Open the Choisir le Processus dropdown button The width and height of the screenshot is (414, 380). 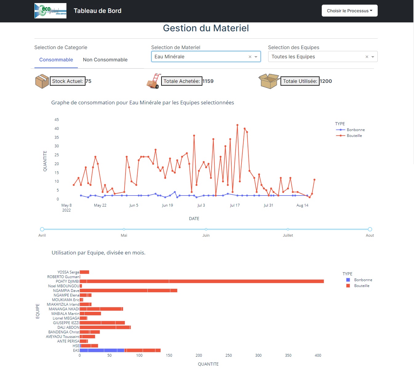coord(349,11)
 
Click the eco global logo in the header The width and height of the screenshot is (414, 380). coord(50,11)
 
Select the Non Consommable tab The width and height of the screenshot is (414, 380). coord(105,60)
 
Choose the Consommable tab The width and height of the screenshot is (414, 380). coord(56,60)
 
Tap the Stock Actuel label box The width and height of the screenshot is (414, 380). coord(67,81)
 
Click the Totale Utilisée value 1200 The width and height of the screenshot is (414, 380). coord(326,81)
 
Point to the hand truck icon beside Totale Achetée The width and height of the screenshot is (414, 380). coord(153,81)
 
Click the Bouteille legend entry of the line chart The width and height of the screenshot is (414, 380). coord(354,136)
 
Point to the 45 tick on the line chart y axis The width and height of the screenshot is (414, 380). coord(57,120)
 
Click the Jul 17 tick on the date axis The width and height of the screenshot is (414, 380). coord(235,205)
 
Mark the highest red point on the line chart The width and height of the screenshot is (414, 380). coord(237,125)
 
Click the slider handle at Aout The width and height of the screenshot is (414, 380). coord(370,229)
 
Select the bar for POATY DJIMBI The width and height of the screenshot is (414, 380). coord(201,281)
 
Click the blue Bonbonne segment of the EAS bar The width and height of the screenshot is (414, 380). coord(102,351)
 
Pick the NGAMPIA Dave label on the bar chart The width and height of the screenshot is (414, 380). coord(66,291)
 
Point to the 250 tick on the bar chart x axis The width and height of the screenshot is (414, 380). coord(229,355)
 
